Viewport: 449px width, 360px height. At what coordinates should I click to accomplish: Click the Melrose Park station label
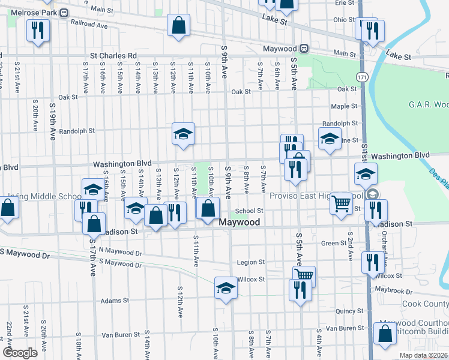tap(28, 12)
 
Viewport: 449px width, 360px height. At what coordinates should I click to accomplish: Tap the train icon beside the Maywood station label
tap(305, 48)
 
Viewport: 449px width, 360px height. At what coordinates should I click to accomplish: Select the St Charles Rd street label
tap(113, 56)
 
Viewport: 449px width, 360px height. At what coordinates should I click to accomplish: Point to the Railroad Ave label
tap(89, 26)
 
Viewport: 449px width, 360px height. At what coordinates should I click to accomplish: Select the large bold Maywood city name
tap(240, 223)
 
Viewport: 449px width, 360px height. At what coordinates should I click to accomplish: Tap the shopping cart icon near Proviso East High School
tap(341, 203)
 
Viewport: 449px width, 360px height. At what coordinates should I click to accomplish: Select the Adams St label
tap(115, 301)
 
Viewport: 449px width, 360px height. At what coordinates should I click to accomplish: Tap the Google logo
tap(20, 353)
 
